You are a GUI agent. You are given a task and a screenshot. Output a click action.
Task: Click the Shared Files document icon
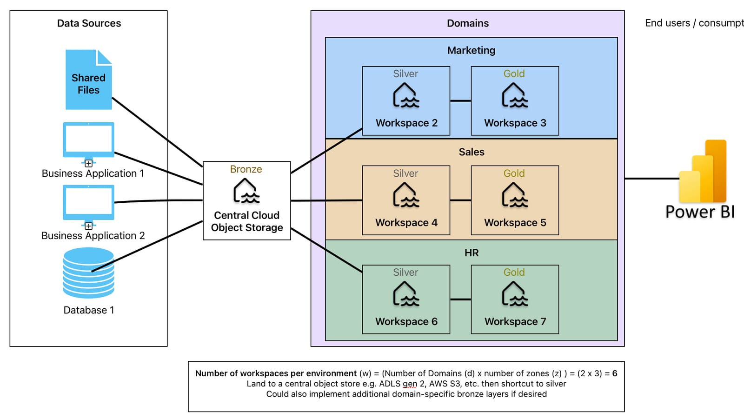(x=88, y=80)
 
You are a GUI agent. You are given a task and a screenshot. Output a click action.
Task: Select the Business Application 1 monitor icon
(x=88, y=140)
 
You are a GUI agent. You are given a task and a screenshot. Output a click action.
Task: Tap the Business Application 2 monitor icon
(x=88, y=202)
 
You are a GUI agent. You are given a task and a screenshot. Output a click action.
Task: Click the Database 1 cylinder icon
(x=88, y=273)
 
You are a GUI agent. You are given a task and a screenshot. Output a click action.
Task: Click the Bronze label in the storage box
(x=246, y=169)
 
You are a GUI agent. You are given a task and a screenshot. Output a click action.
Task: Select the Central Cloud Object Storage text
(x=247, y=221)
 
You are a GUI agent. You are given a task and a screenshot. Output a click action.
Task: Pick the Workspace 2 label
(x=406, y=123)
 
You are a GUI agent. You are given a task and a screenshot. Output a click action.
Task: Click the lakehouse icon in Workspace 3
(x=515, y=96)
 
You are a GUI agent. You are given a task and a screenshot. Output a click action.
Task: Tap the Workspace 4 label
(x=406, y=223)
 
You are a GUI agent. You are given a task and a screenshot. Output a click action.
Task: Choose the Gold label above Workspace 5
(x=514, y=173)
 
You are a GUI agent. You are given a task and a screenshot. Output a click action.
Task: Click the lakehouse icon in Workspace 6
(x=406, y=294)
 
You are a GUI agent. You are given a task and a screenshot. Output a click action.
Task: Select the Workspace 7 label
(x=515, y=322)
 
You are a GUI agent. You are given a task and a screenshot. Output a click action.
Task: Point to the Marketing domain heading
(x=471, y=50)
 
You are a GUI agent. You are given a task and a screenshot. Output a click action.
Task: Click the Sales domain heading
(x=471, y=152)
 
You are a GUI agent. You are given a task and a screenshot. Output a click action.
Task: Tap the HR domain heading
(x=471, y=253)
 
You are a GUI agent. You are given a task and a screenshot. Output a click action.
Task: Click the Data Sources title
(x=89, y=23)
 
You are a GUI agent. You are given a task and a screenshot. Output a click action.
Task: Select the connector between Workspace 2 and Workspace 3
(x=460, y=101)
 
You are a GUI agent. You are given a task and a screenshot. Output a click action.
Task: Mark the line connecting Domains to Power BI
(x=651, y=178)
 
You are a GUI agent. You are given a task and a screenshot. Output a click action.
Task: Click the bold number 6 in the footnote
(x=614, y=373)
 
